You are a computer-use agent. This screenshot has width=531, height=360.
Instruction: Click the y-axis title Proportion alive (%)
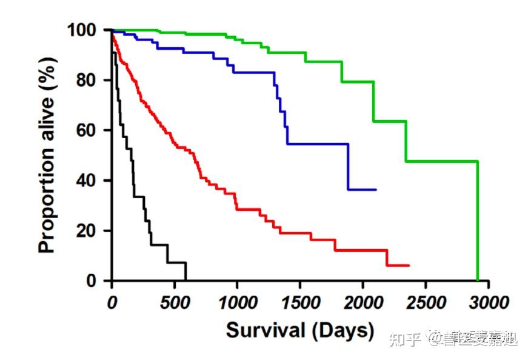(x=47, y=155)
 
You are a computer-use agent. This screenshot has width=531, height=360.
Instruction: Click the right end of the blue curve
(x=376, y=190)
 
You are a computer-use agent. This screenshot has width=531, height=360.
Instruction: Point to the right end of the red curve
(x=409, y=265)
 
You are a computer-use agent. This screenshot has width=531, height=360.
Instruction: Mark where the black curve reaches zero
(x=185, y=280)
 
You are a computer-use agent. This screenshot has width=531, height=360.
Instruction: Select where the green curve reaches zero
(x=478, y=280)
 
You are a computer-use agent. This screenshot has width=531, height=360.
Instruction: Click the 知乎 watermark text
(x=405, y=339)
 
